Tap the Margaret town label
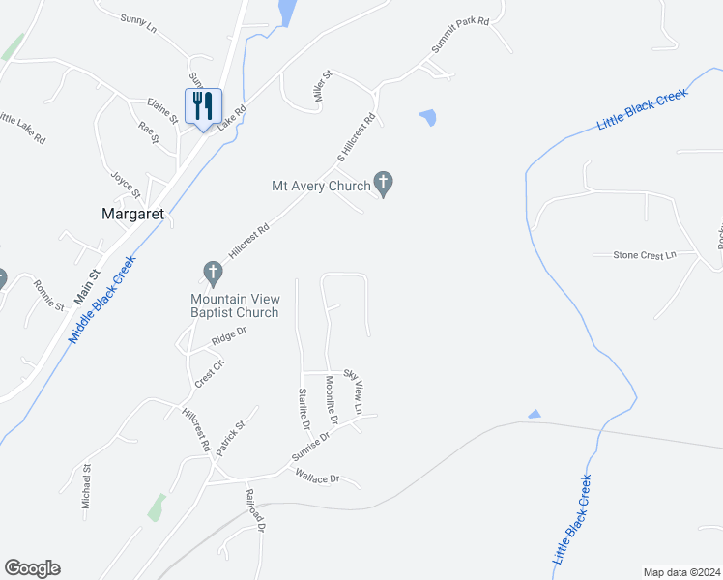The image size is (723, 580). (x=134, y=215)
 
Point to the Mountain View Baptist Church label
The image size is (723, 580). (x=234, y=305)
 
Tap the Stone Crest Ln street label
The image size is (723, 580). (x=644, y=255)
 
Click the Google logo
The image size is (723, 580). (x=32, y=568)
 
